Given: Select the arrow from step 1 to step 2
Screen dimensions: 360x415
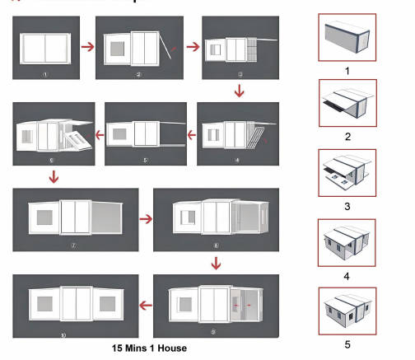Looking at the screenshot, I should [86, 47].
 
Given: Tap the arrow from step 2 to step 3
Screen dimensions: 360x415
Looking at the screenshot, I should [192, 47].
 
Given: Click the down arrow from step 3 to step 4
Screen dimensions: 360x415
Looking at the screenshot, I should [240, 90].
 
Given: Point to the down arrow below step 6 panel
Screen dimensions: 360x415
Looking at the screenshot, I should [54, 175].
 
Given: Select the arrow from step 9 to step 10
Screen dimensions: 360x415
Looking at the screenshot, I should [144, 306].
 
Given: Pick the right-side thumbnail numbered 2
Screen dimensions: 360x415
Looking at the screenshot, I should [346, 104].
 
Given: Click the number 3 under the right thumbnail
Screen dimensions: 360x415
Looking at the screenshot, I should [347, 206].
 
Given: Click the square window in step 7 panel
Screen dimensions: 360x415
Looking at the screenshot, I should [44, 217].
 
